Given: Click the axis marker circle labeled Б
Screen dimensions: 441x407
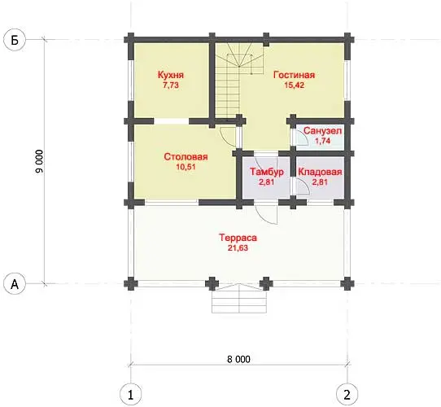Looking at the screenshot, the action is (x=15, y=40).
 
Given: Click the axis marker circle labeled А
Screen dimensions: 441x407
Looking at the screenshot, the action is (x=15, y=284).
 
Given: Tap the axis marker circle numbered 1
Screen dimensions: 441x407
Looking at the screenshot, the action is (x=130, y=395).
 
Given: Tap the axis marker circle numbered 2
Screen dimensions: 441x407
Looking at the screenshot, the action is (x=347, y=394).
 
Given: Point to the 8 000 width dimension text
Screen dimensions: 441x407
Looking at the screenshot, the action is (x=238, y=360).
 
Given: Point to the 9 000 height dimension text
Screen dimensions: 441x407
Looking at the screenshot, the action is (x=40, y=161).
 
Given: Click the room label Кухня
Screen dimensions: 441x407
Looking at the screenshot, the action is (x=171, y=75).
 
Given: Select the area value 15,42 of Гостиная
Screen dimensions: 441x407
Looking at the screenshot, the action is (x=295, y=85).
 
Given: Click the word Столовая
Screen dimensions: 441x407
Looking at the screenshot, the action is (x=186, y=157).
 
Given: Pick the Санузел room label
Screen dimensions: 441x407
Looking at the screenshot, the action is (x=322, y=131).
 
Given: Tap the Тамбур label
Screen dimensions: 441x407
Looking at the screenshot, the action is (x=267, y=172).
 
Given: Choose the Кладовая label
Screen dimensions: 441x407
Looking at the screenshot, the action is (x=320, y=172).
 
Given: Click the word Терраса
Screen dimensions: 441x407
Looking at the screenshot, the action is (x=238, y=238).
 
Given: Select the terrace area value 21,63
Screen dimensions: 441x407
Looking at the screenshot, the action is (x=238, y=248).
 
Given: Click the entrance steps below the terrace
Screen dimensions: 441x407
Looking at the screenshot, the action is (x=239, y=299).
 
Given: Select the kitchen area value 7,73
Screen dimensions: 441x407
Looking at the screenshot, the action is (x=171, y=85).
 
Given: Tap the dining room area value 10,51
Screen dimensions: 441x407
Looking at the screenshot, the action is (x=186, y=167).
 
